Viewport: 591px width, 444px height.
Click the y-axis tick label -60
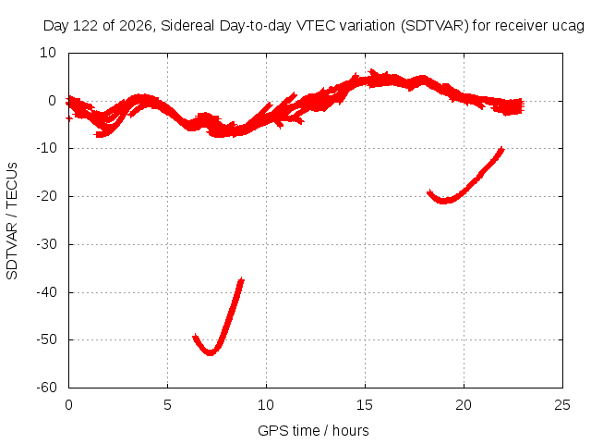(x=46, y=388)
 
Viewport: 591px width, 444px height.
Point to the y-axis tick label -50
(x=46, y=339)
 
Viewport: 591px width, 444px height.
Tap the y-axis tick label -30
(x=46, y=244)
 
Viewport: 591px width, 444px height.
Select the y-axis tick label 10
(x=48, y=53)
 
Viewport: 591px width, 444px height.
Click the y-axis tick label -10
(x=46, y=148)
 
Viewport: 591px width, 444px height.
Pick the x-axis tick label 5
(x=167, y=405)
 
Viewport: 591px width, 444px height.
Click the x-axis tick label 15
(x=365, y=405)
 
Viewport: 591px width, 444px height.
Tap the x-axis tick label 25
(x=562, y=405)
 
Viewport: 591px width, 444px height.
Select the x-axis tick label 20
(x=464, y=405)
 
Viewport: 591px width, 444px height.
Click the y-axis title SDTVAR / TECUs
(x=12, y=221)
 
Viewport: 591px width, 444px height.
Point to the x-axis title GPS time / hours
(x=313, y=431)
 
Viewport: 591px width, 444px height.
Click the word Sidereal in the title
(x=187, y=26)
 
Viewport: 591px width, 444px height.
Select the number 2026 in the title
(x=136, y=26)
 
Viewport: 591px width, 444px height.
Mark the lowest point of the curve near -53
(x=210, y=353)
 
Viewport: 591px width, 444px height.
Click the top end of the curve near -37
(x=242, y=279)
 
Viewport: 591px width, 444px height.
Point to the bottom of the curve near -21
(x=444, y=202)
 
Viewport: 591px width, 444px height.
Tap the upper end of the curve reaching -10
(x=501, y=148)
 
